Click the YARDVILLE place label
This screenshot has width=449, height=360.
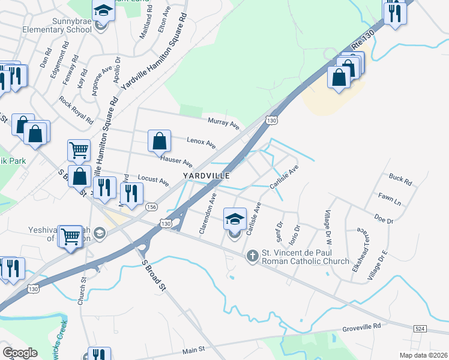[206, 175]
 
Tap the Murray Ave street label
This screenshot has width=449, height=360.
[223, 124]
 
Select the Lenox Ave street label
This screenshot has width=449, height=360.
[201, 142]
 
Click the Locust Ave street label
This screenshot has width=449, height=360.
[153, 179]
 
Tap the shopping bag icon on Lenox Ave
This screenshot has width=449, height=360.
[160, 142]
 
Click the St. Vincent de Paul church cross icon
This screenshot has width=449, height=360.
[253, 256]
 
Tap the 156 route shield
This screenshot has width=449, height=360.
[151, 206]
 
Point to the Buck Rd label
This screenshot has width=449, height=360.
[400, 179]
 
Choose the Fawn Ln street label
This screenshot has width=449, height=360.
[389, 197]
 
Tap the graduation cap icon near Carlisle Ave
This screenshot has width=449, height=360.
[235, 219]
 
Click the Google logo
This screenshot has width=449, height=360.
[20, 352]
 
